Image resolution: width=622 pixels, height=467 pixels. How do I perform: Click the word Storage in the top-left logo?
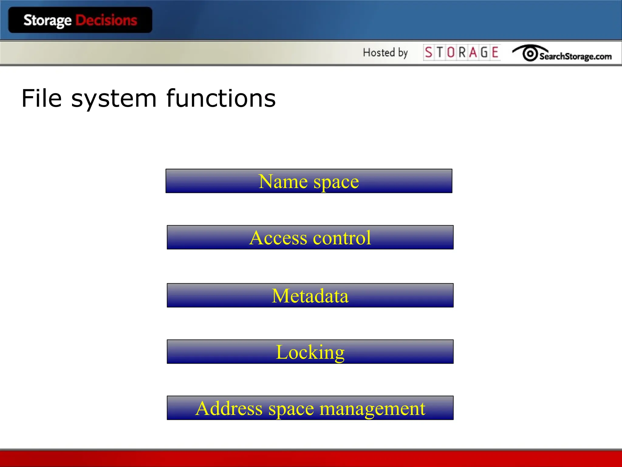(x=47, y=21)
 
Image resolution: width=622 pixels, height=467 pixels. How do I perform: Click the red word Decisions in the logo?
(x=106, y=20)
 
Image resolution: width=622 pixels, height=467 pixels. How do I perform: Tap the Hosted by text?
(x=385, y=53)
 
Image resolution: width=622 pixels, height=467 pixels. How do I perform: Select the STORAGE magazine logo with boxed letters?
(x=462, y=53)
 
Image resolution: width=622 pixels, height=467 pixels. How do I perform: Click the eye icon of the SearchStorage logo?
(x=530, y=54)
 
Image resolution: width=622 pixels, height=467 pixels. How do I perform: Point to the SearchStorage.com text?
(x=575, y=56)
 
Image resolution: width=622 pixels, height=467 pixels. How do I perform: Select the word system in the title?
(x=114, y=99)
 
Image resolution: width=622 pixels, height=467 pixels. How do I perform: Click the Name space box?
(x=309, y=181)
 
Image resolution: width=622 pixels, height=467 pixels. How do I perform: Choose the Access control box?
(x=310, y=237)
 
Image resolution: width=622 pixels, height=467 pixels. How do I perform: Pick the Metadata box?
(x=310, y=296)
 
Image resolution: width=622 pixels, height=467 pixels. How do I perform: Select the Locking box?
(x=310, y=352)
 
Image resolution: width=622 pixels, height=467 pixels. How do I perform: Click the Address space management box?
(x=310, y=408)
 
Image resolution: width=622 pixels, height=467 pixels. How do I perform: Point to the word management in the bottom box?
(x=372, y=409)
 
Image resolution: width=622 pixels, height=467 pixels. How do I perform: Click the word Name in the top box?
(x=283, y=182)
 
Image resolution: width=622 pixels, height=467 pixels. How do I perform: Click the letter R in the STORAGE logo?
(x=462, y=53)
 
